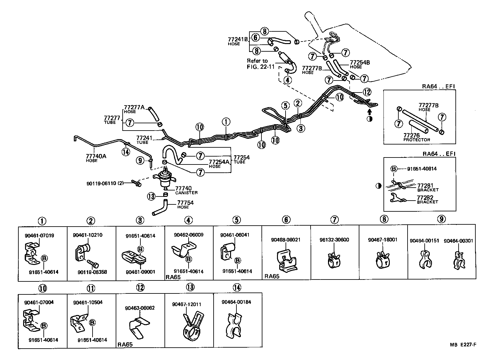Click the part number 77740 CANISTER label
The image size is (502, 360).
[x=186, y=190]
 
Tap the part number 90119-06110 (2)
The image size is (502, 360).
[x=105, y=183]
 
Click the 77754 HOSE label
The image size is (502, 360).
[x=185, y=204]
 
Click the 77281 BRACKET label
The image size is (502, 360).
[x=428, y=187]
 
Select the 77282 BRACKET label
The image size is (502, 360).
[x=428, y=199]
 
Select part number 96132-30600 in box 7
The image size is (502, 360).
[x=334, y=240]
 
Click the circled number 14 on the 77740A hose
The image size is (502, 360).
[x=126, y=152]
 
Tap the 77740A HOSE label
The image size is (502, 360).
[x=96, y=158]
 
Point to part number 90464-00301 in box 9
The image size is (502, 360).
[x=458, y=241]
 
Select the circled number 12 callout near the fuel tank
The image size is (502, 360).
[x=367, y=92]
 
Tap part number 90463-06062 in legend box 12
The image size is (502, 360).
[x=140, y=308]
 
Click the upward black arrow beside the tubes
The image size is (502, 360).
[x=369, y=112]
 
